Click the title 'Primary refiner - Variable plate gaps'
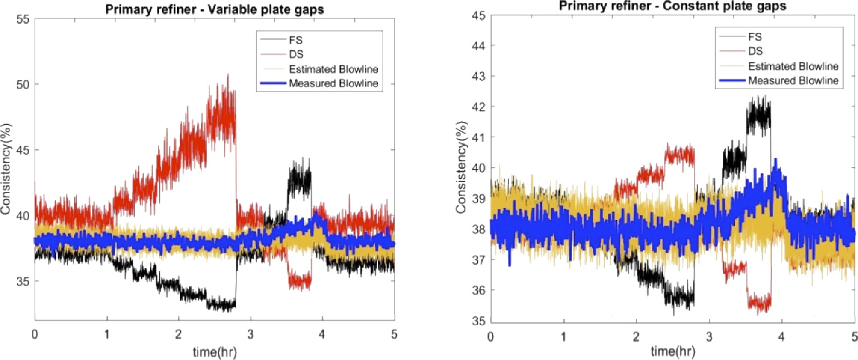pyautogui.click(x=214, y=9)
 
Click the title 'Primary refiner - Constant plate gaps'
pyautogui.click(x=672, y=6)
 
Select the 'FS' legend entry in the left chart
pyautogui.click(x=296, y=40)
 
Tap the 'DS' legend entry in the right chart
pyautogui.click(x=755, y=51)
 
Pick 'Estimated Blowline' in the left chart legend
pyautogui.click(x=333, y=70)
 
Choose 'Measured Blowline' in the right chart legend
pyautogui.click(x=793, y=81)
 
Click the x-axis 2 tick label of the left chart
pyautogui.click(x=178, y=334)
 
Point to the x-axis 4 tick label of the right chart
pyautogui.click(x=782, y=337)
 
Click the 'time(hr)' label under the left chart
pyautogui.click(x=214, y=352)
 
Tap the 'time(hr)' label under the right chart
pyautogui.click(x=673, y=351)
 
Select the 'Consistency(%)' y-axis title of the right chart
pyautogui.click(x=461, y=167)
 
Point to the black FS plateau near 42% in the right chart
pyautogui.click(x=758, y=116)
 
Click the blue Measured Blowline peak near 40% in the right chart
pyautogui.click(x=776, y=162)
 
